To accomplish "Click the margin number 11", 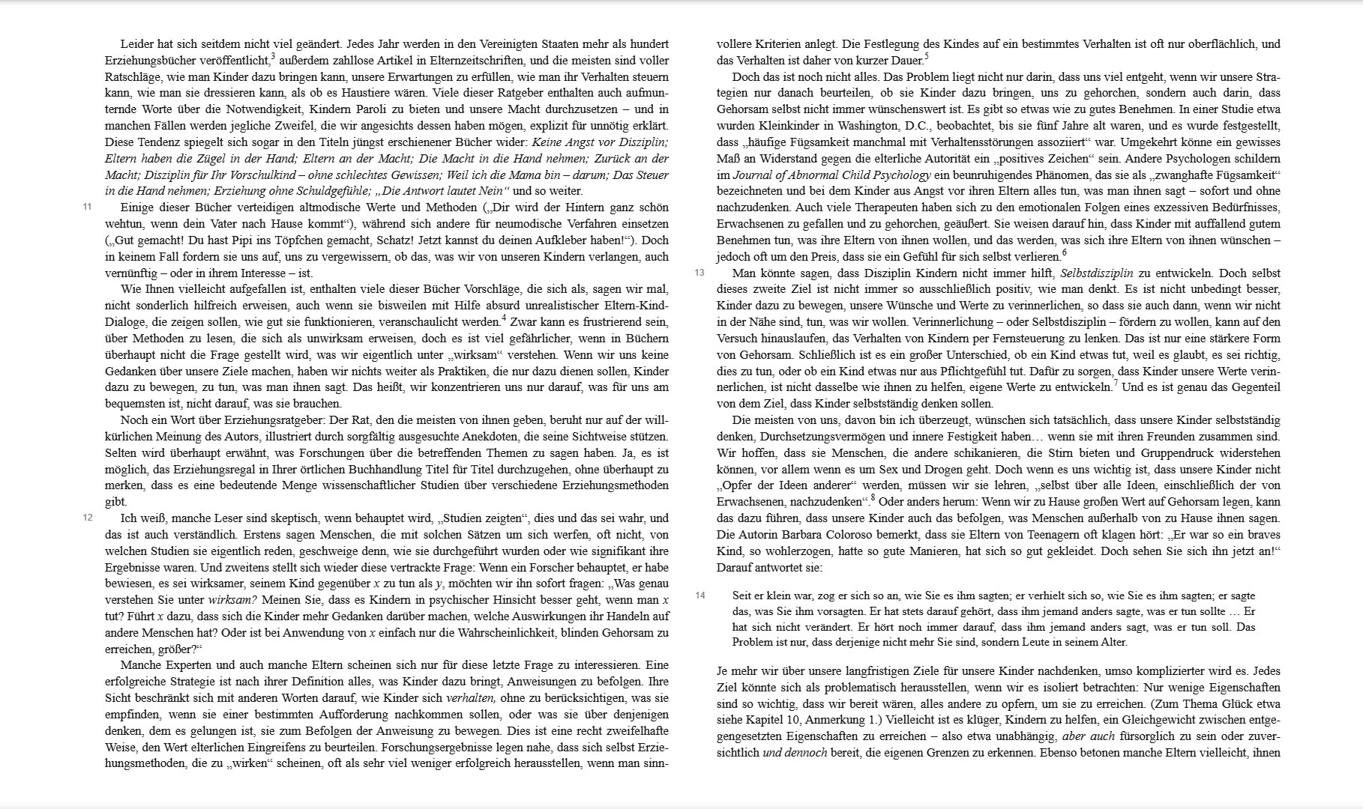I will [x=87, y=207].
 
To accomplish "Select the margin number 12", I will [x=87, y=518].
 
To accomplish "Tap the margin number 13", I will [x=699, y=273].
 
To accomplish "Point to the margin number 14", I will [x=699, y=596].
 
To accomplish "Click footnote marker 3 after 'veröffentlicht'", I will [x=273, y=56].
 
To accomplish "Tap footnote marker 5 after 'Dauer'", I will [x=927, y=56].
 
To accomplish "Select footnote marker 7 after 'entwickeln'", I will [x=1115, y=384].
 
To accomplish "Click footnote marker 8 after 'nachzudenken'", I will [x=873, y=497].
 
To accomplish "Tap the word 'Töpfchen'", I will [x=296, y=240].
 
